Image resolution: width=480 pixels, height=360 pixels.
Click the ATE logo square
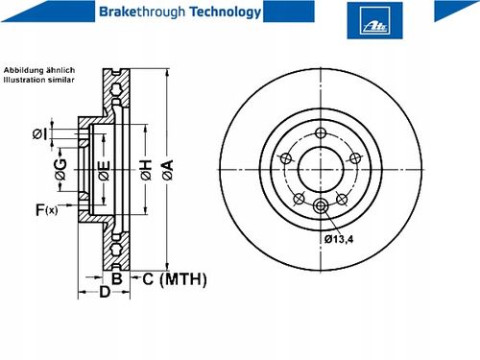tap(374, 20)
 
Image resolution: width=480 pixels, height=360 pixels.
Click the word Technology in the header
tap(226, 12)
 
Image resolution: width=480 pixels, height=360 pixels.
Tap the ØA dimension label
tap(167, 170)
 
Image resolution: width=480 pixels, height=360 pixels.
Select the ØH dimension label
tap(146, 170)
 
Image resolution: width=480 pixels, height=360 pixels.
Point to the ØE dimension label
tap(104, 170)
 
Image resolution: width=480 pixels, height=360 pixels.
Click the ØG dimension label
tap(60, 169)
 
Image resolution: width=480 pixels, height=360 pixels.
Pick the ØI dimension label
tap(39, 134)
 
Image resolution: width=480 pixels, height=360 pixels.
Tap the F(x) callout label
tap(47, 210)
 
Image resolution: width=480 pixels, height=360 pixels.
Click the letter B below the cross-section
tap(117, 278)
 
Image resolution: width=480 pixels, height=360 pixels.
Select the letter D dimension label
tap(105, 292)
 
